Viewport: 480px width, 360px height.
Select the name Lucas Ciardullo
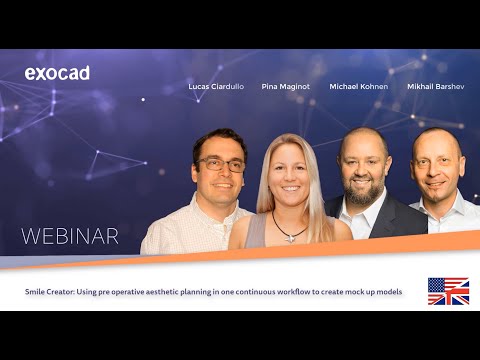point(216,87)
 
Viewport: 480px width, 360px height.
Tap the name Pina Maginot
point(285,87)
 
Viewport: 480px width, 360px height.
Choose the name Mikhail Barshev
point(435,87)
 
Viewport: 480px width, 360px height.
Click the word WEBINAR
point(70,237)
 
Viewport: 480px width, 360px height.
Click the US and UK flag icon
point(448,291)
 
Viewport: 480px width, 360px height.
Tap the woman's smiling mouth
point(289,189)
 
